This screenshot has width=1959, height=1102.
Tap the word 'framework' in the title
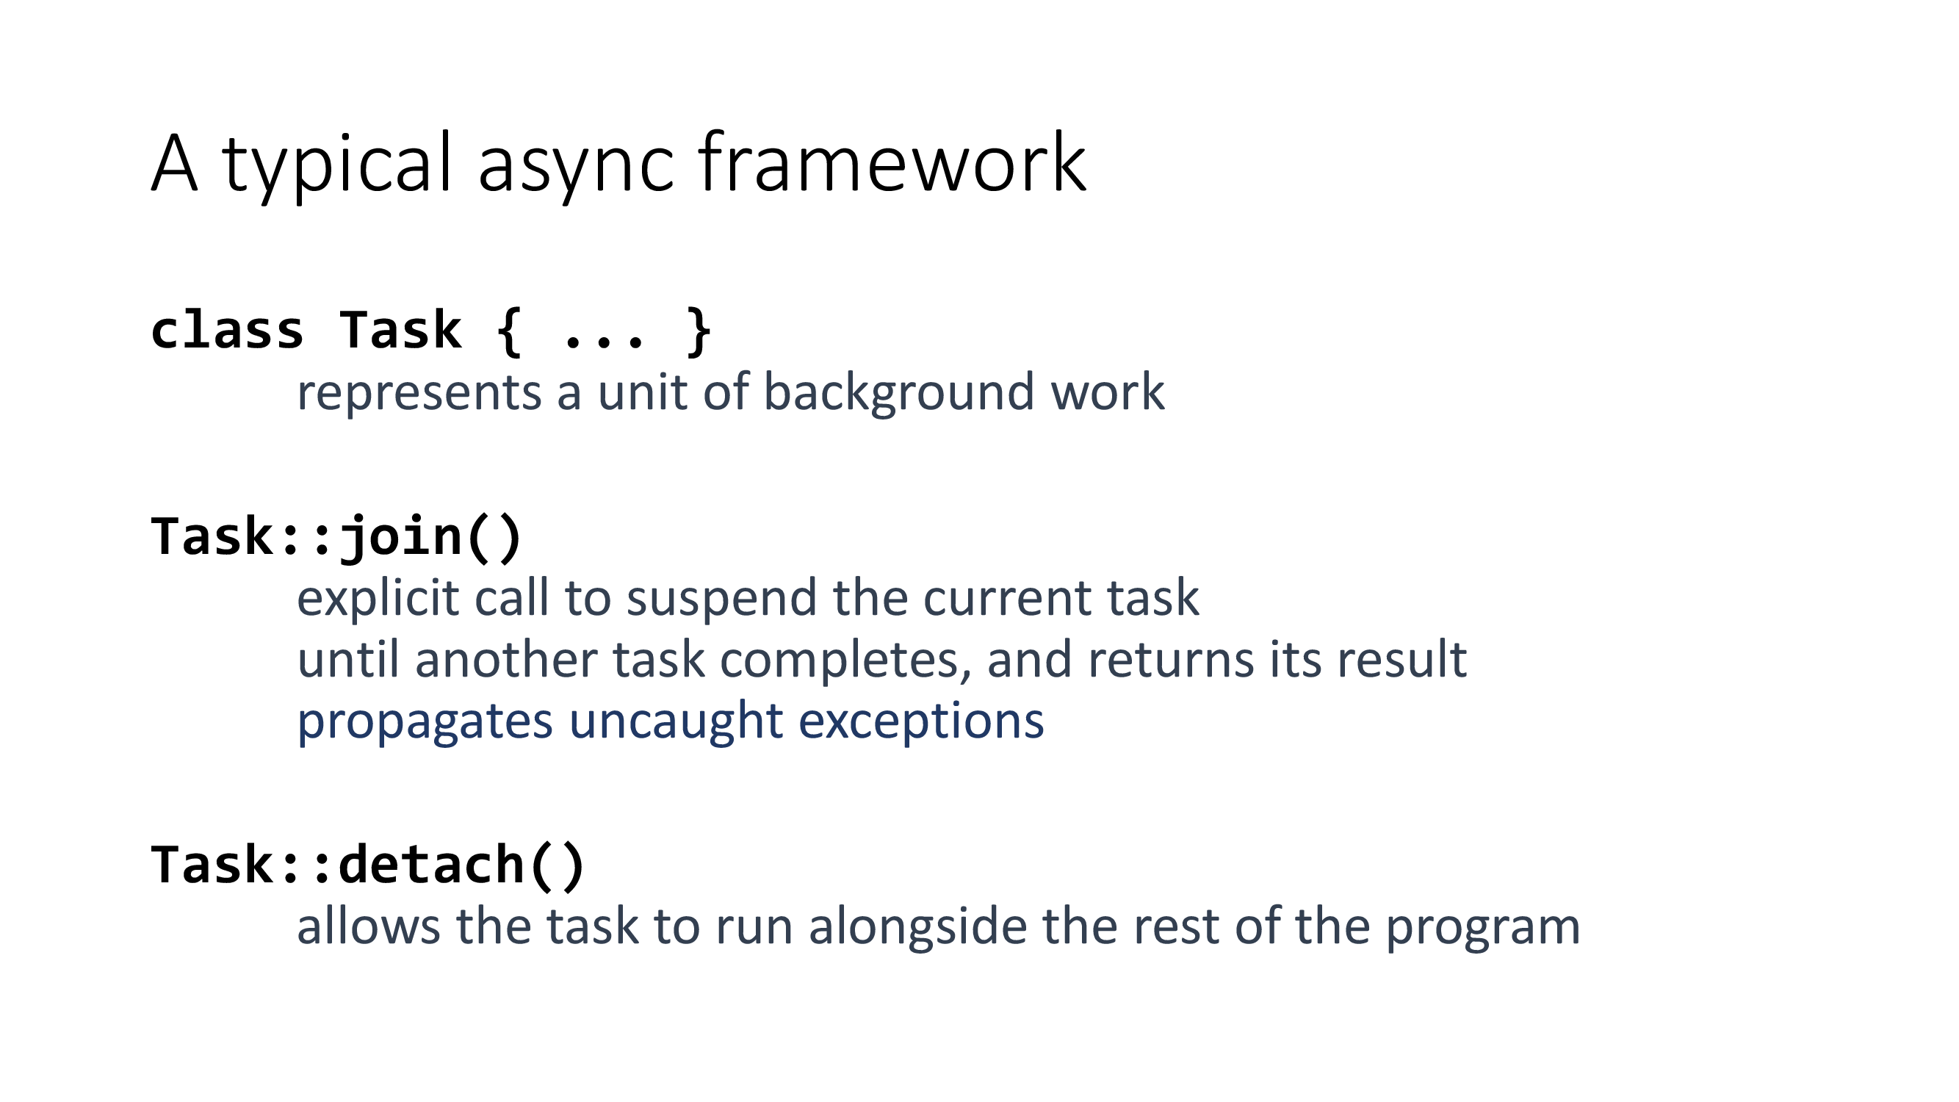click(892, 163)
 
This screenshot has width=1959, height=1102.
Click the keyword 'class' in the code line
click(228, 331)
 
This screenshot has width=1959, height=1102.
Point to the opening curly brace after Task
click(509, 331)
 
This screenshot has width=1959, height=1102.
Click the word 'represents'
click(418, 393)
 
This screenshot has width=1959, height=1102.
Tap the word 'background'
click(898, 393)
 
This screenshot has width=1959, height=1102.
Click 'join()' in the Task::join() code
click(430, 537)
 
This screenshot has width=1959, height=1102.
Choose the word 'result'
click(1401, 660)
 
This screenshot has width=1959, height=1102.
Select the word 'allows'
click(368, 927)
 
